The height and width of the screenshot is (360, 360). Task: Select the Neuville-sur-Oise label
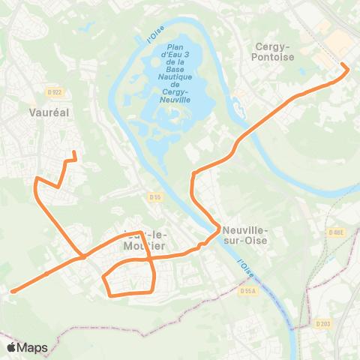[x=245, y=235]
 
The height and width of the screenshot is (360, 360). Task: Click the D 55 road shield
[x=155, y=197]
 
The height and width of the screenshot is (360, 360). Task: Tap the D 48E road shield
[x=337, y=232]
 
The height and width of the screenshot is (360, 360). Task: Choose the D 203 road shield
[x=322, y=324]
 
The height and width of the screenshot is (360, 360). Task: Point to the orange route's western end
[x=11, y=291]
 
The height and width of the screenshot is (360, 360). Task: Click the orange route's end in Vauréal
[x=74, y=153]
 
